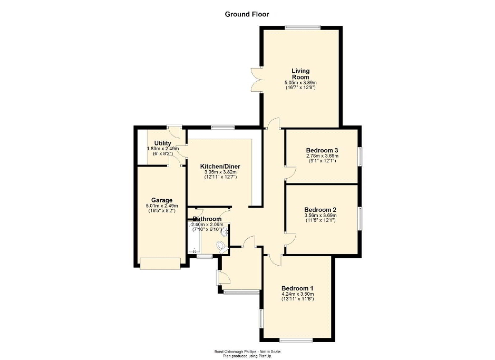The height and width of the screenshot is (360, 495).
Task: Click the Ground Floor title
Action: click(247, 14)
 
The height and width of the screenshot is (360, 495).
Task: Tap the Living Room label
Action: click(300, 74)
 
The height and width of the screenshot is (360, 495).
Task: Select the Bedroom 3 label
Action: click(322, 150)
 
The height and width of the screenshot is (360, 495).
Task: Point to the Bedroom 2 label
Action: click(320, 210)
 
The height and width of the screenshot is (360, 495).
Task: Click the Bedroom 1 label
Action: click(297, 288)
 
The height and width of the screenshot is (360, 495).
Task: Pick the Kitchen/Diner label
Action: click(220, 166)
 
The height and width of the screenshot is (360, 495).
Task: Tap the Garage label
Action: click(162, 200)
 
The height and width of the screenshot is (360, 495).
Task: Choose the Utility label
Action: click(162, 143)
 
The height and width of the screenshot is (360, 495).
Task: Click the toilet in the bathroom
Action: click(222, 247)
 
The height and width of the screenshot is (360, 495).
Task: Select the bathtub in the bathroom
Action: click(195, 237)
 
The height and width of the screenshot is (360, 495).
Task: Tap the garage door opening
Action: click(160, 264)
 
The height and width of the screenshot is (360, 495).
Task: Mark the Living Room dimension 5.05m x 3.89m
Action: click(300, 83)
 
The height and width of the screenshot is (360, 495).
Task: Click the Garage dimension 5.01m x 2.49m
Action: click(162, 206)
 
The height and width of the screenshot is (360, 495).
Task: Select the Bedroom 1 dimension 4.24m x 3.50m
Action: click(297, 294)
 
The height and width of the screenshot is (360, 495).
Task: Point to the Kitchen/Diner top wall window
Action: click(223, 127)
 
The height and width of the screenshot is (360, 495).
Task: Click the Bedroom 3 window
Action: click(360, 156)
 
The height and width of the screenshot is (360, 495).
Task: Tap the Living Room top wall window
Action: click(303, 28)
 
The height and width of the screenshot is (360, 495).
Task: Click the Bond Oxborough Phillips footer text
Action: click(248, 352)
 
